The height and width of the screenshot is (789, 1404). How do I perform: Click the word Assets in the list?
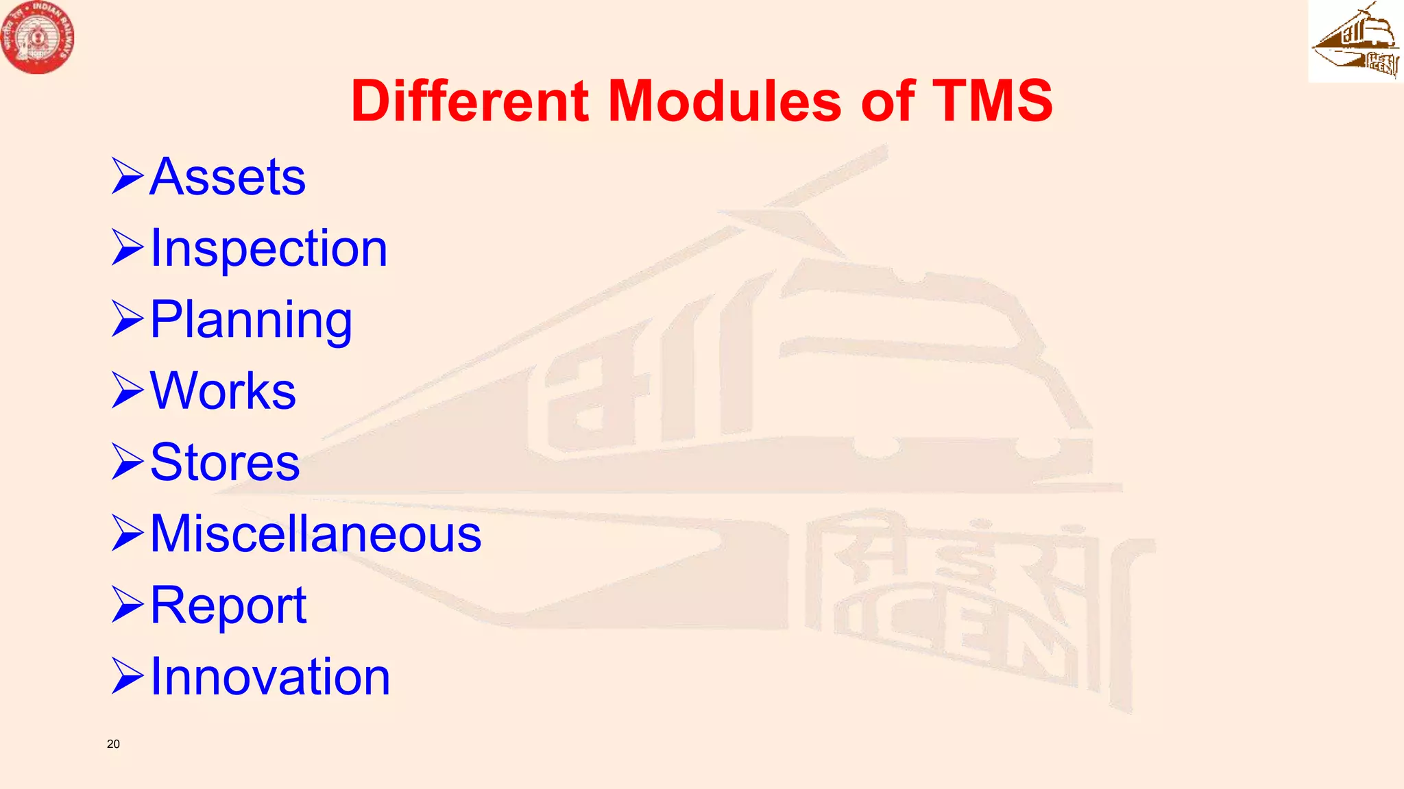[227, 177]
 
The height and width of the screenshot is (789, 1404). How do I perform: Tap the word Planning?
[251, 320]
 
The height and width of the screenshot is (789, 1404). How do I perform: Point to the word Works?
[223, 391]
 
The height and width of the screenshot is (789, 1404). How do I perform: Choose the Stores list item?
[225, 462]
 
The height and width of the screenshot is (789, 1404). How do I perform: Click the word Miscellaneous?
[315, 534]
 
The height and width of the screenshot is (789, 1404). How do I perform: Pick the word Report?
[228, 605]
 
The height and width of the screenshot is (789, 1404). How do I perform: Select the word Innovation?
[270, 677]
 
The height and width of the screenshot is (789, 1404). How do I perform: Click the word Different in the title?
[470, 101]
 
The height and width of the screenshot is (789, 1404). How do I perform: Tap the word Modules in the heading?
[725, 101]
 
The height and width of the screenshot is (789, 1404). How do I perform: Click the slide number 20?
[113, 744]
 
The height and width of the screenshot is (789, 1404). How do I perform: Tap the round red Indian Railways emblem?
[37, 37]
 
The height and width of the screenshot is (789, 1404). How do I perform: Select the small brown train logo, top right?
[1355, 41]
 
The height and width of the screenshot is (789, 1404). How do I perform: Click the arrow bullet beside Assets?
[127, 176]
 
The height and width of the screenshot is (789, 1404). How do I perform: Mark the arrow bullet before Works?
[127, 390]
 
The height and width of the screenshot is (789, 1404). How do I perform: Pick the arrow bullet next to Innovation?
[127, 676]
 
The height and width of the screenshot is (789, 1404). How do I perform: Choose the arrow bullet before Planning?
[127, 319]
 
